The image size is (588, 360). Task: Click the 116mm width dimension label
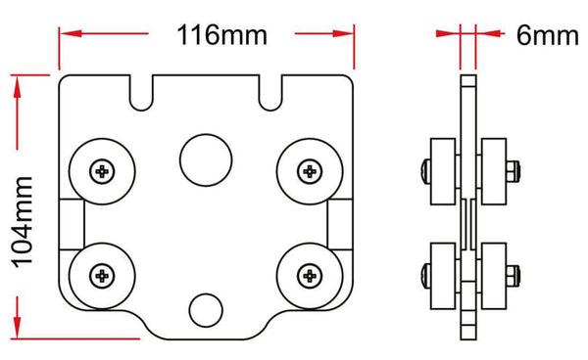[x=221, y=35]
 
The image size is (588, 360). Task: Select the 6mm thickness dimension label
[x=548, y=35]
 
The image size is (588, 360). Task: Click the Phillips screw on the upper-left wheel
[x=102, y=172]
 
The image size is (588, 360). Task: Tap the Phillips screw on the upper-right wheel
[x=310, y=172]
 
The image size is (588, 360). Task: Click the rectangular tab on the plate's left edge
[x=70, y=225]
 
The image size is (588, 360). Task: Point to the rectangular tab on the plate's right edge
[x=341, y=225]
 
